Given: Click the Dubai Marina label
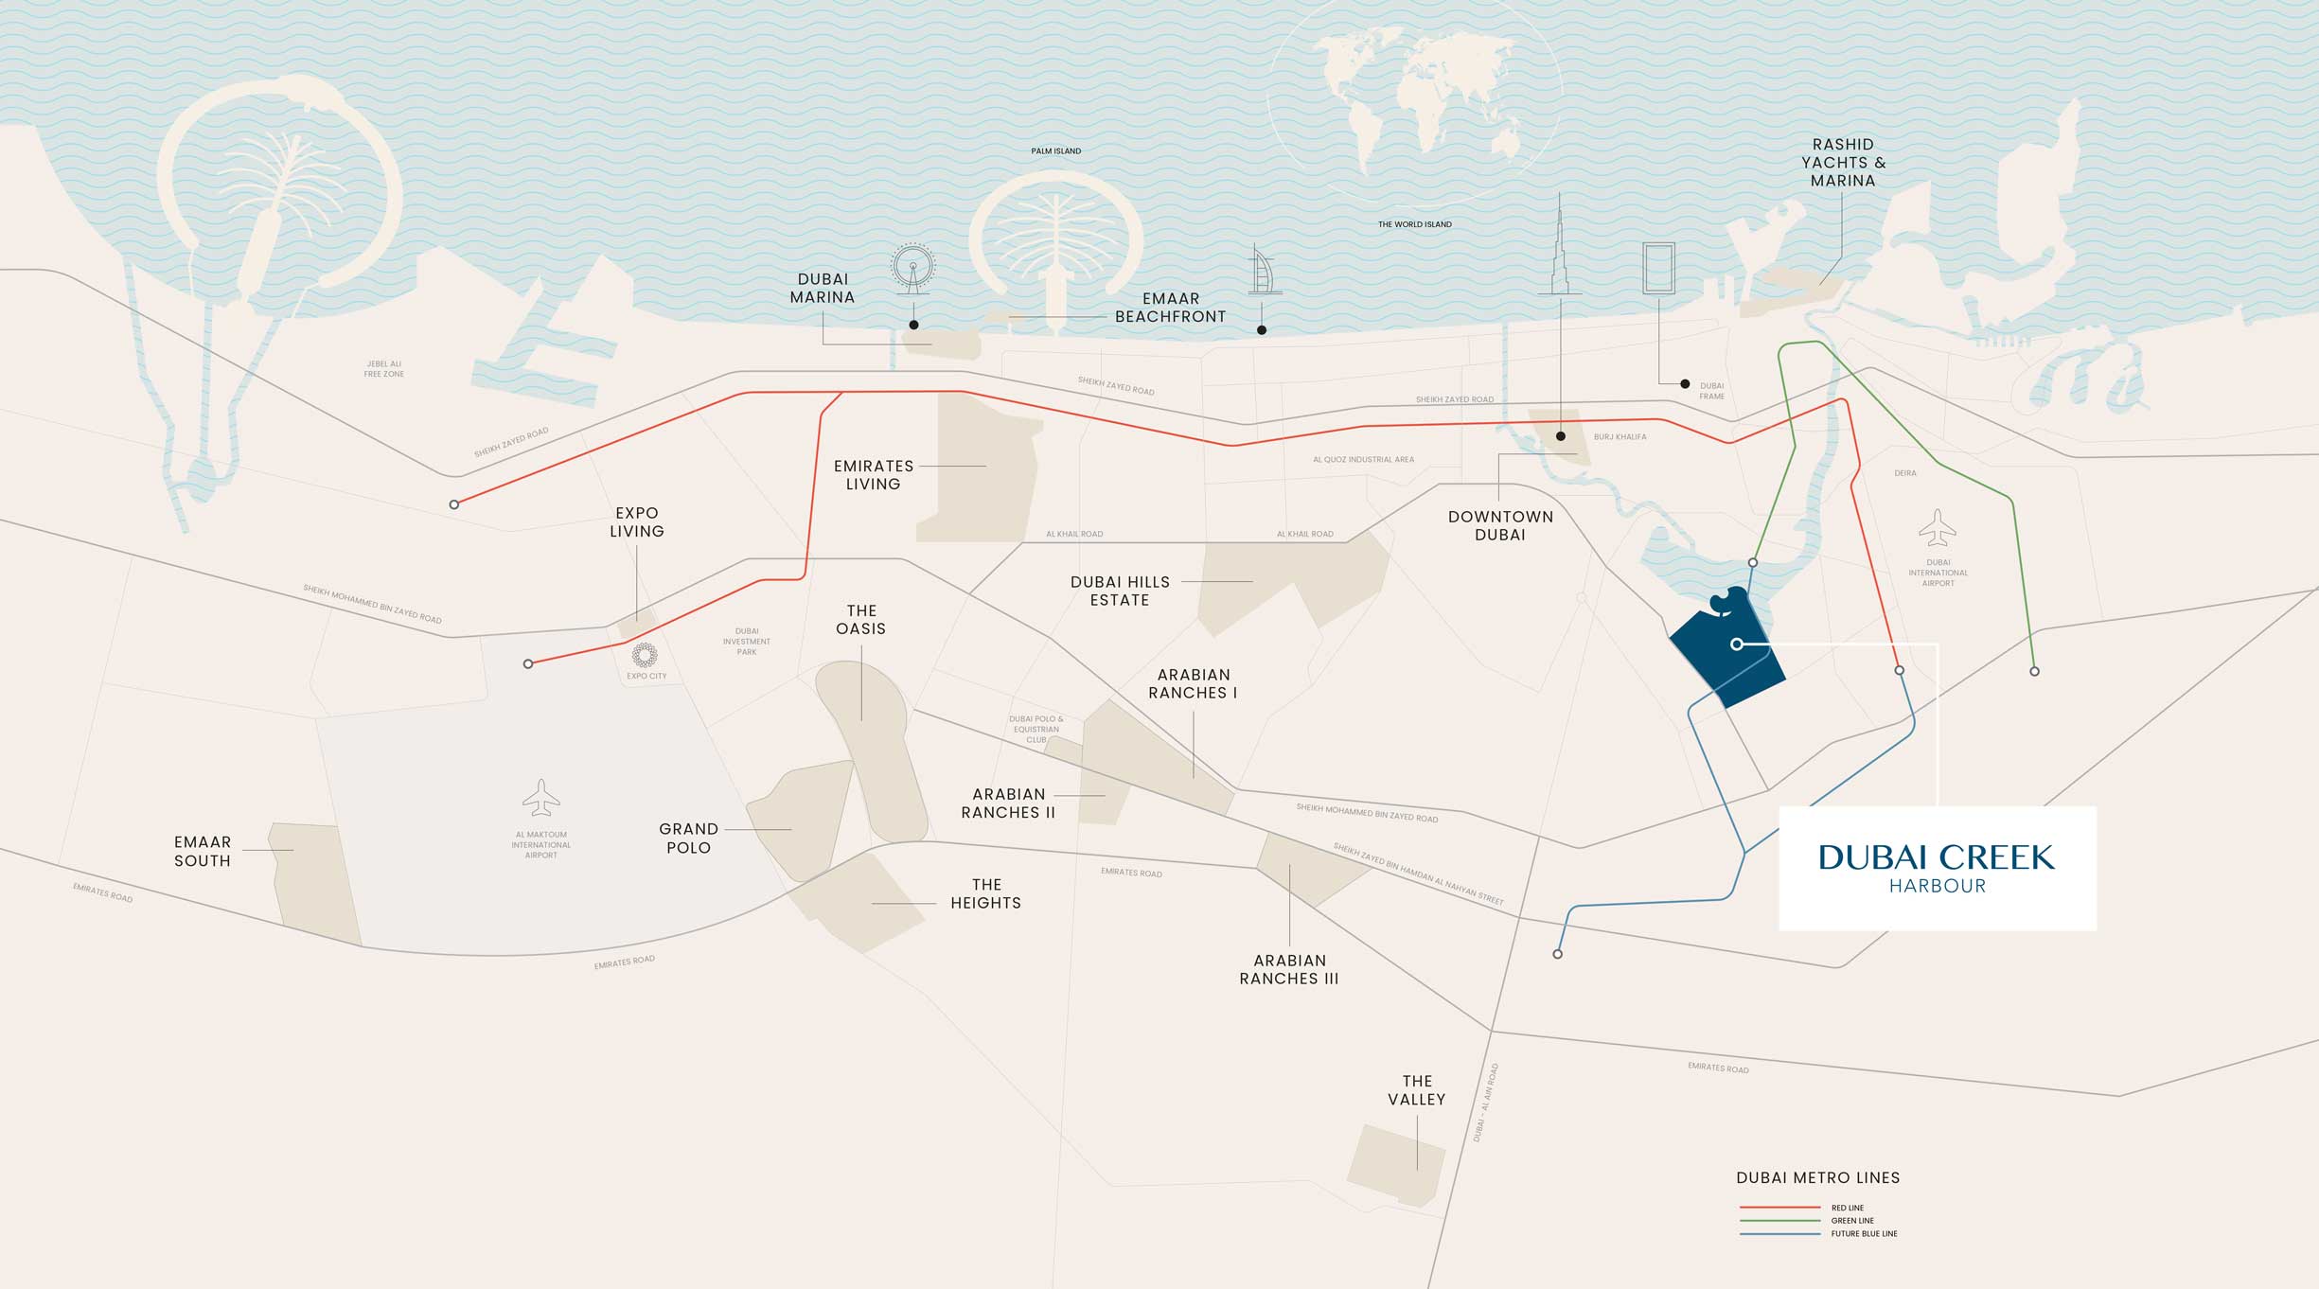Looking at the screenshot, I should click(x=823, y=288).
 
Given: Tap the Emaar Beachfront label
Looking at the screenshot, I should click(x=1170, y=308).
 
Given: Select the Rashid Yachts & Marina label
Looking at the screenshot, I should click(x=1843, y=162).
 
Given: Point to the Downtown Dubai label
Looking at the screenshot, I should click(x=1500, y=525).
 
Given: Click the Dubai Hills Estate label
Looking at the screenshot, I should click(x=1120, y=591).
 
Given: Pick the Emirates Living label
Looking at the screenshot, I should click(x=873, y=475).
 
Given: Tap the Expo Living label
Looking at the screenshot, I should click(x=636, y=521).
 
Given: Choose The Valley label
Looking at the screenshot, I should click(x=1416, y=1090).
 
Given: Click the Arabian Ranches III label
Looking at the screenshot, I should click(x=1289, y=969).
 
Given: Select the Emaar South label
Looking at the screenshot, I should click(x=202, y=851).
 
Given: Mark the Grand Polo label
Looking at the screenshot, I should click(x=688, y=838).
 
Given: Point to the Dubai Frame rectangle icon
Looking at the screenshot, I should click(x=1658, y=268).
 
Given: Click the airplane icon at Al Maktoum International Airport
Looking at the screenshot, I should click(x=540, y=798).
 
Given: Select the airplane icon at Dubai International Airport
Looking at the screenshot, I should click(x=1938, y=528).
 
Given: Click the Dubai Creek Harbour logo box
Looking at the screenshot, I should click(x=1937, y=868).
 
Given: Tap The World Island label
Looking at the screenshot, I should click(x=1414, y=224).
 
